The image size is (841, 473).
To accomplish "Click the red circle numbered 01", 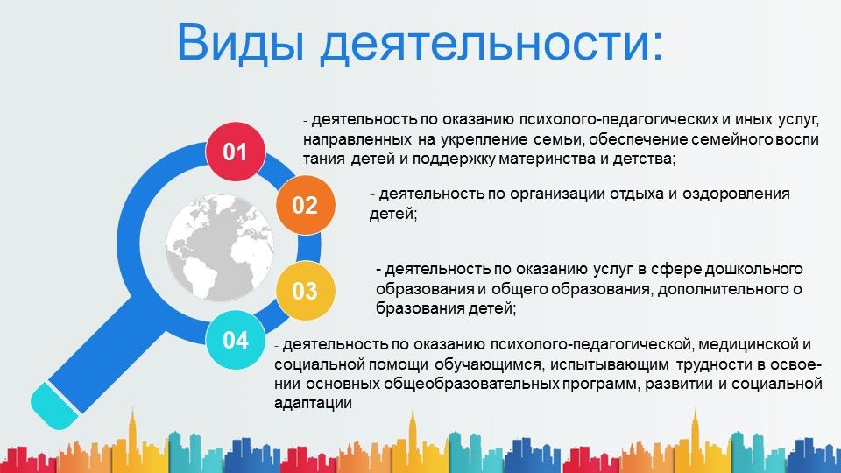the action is click(x=236, y=152).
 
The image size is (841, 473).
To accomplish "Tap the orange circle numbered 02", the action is click(x=306, y=205).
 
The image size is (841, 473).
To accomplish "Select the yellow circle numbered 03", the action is click(x=306, y=291).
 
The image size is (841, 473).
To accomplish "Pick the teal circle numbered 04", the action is click(x=236, y=340).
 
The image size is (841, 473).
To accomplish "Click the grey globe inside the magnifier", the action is click(x=220, y=247).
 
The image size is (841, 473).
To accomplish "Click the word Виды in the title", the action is click(x=242, y=42).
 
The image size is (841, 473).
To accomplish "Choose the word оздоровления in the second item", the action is click(x=736, y=194).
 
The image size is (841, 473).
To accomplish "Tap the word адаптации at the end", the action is click(x=313, y=404).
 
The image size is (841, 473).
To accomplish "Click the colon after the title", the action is click(x=655, y=47).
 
